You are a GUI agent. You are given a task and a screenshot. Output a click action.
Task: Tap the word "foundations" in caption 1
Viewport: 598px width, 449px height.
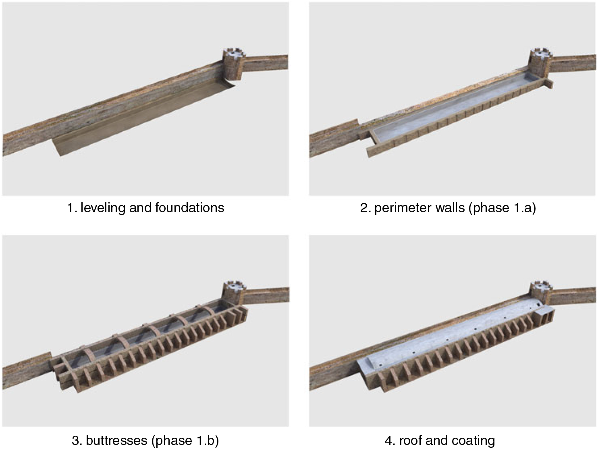190,207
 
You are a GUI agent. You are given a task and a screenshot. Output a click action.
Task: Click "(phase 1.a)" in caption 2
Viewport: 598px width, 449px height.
502,208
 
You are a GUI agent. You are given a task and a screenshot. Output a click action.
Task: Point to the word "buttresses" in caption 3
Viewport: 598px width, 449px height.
116,440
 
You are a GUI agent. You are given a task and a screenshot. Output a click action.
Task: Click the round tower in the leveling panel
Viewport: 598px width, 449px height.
234,64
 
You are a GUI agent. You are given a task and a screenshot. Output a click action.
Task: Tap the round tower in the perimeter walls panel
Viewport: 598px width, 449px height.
540,64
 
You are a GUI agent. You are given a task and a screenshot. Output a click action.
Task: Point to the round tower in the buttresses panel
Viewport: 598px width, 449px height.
234,293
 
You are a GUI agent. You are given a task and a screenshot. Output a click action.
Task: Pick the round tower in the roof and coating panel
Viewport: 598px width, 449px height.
541,293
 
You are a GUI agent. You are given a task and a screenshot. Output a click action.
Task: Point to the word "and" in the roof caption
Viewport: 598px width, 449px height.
437,440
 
